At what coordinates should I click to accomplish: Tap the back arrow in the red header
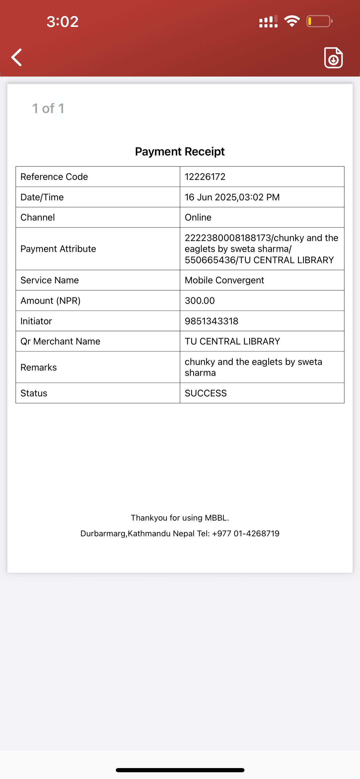[x=17, y=57]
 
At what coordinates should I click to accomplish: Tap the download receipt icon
[x=333, y=58]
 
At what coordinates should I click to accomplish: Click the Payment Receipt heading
[x=180, y=151]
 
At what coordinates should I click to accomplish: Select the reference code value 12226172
[x=205, y=177]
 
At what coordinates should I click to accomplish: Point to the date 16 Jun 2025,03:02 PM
[x=232, y=197]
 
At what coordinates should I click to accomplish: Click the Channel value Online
[x=198, y=217]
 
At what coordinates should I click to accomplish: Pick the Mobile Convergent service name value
[x=224, y=280]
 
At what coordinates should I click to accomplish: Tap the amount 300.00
[x=200, y=301]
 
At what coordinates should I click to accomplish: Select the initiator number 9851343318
[x=211, y=321]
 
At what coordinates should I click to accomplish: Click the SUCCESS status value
[x=206, y=393]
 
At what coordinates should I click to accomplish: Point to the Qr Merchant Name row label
[x=60, y=342]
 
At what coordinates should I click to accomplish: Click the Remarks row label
[x=38, y=367]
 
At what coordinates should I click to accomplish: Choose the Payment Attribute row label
[x=58, y=249]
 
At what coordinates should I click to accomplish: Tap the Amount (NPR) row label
[x=50, y=301]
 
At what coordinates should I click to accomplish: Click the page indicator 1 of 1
[x=48, y=109]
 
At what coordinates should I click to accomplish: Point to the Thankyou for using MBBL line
[x=180, y=518]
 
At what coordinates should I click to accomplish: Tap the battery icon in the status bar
[x=319, y=21]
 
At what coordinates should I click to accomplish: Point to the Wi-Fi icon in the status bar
[x=292, y=21]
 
